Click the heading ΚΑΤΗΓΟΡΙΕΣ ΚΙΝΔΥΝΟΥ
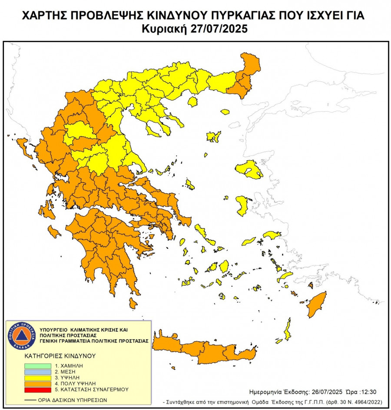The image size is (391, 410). pos(60,355)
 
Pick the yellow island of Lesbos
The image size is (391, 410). pos(249,169)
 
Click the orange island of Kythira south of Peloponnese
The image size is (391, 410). pos(133,303)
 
